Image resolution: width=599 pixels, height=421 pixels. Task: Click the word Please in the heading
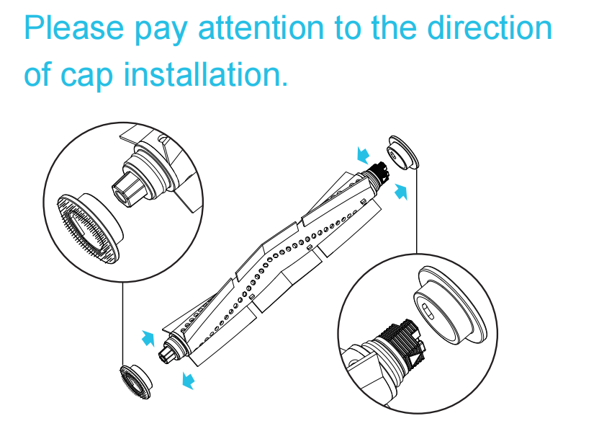pos(74,28)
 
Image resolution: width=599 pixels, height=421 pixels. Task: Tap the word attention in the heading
pos(261,28)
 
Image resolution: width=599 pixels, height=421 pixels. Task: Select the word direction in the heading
pos(490,28)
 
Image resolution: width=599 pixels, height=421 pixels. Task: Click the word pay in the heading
pos(161,31)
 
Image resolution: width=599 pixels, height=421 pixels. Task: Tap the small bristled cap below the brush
pos(135,381)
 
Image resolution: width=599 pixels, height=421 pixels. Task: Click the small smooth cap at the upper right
pos(403,153)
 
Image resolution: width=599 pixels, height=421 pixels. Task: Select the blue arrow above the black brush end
pos(363,155)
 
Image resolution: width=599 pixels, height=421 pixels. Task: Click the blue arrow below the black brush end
pos(401,192)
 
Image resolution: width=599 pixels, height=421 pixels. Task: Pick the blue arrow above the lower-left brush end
pos(148,338)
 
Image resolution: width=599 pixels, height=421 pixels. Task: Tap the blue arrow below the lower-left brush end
pos(188,381)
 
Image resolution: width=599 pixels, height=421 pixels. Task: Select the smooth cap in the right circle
pos(451,306)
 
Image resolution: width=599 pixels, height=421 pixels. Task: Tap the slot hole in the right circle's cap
pos(428,311)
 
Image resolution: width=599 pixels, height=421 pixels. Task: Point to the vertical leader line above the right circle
pos(417,211)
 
